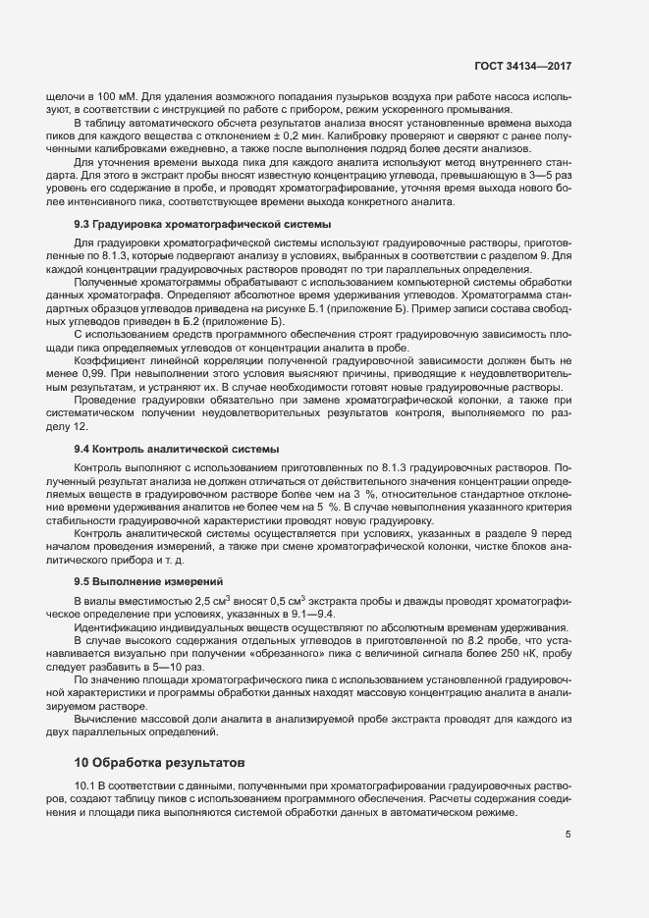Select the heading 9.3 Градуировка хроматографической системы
click(187, 225)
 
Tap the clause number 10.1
click(86, 787)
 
